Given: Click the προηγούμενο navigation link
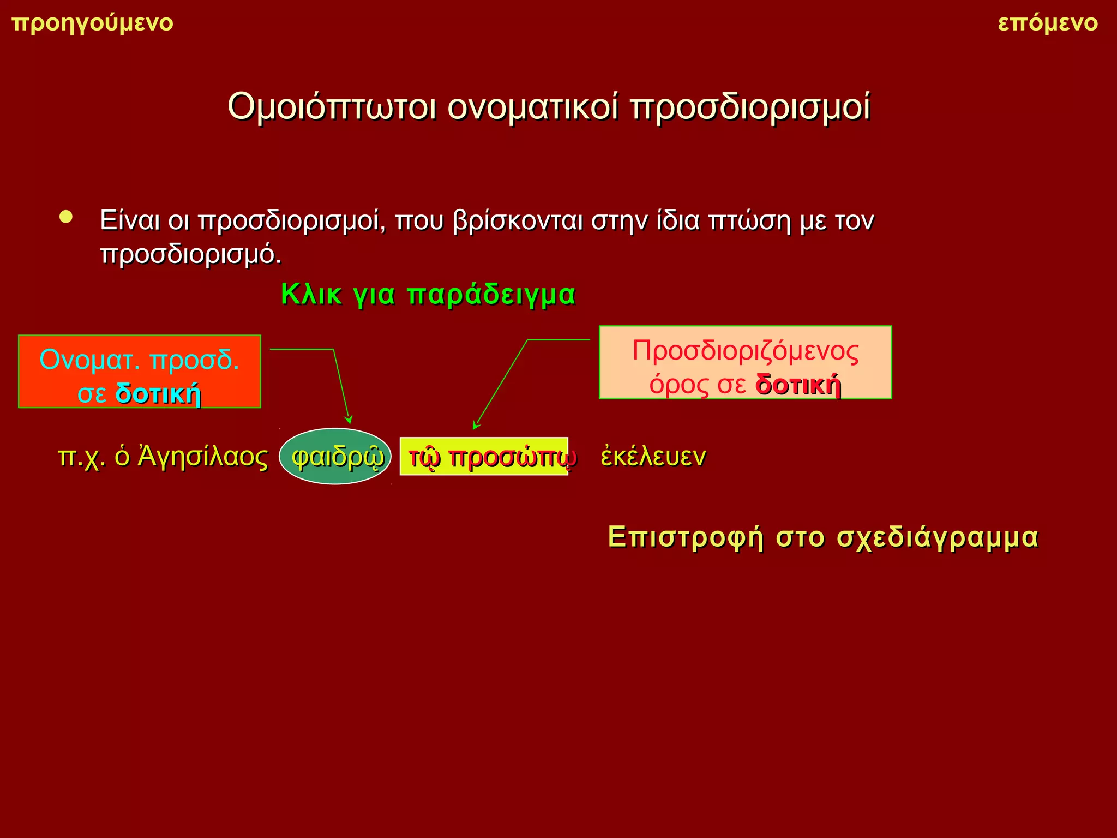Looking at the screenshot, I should [92, 23].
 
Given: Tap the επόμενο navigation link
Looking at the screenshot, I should [1047, 23].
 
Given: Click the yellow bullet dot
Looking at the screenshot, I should [66, 217].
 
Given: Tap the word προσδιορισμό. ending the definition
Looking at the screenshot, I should [191, 254].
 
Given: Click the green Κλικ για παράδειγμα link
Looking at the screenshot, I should [428, 295].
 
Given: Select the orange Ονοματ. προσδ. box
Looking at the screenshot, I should [140, 371].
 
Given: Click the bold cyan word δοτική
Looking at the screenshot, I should [158, 393].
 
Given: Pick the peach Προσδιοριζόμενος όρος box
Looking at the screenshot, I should [745, 362].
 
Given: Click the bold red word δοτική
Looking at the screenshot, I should [798, 385].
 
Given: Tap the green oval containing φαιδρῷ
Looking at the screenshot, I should [335, 457].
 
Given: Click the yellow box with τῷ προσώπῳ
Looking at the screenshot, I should [484, 457].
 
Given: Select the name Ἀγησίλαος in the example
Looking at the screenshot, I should [202, 457].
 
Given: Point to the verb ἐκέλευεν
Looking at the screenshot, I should [653, 457].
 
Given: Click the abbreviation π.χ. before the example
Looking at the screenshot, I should [81, 457].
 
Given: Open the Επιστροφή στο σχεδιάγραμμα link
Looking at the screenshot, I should [823, 537].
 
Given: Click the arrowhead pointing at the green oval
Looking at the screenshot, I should [349, 420].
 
